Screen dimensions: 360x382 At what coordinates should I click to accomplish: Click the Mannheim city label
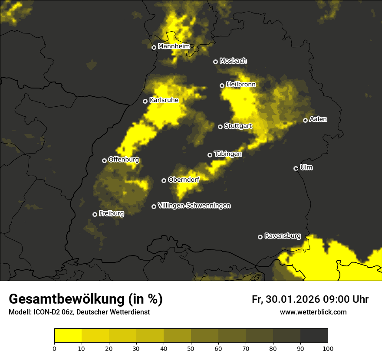(x=174, y=46)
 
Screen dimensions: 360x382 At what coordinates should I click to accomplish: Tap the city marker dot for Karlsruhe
(x=145, y=101)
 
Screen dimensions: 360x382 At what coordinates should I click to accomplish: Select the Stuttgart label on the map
(x=238, y=126)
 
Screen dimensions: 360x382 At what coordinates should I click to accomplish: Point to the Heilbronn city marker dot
(x=222, y=85)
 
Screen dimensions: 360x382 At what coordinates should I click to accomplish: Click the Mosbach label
(x=233, y=61)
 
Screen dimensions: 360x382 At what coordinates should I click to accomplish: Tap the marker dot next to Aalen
(x=306, y=120)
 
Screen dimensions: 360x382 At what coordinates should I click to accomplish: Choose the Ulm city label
(x=306, y=167)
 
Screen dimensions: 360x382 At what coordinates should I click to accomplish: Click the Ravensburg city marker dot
(x=260, y=237)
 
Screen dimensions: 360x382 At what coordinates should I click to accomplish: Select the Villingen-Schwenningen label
(x=194, y=206)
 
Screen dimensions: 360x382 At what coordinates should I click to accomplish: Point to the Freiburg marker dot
(x=95, y=214)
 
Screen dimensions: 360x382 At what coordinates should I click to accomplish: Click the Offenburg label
(x=124, y=160)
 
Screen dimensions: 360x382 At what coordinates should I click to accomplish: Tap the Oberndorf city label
(x=184, y=180)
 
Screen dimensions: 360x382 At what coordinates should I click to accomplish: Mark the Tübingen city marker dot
(x=210, y=155)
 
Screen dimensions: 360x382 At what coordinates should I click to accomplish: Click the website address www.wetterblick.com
(x=313, y=312)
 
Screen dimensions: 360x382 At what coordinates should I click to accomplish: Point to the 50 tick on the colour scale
(x=191, y=348)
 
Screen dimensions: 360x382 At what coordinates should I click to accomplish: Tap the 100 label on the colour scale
(x=328, y=348)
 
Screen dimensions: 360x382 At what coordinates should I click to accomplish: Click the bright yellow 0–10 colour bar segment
(x=68, y=335)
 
